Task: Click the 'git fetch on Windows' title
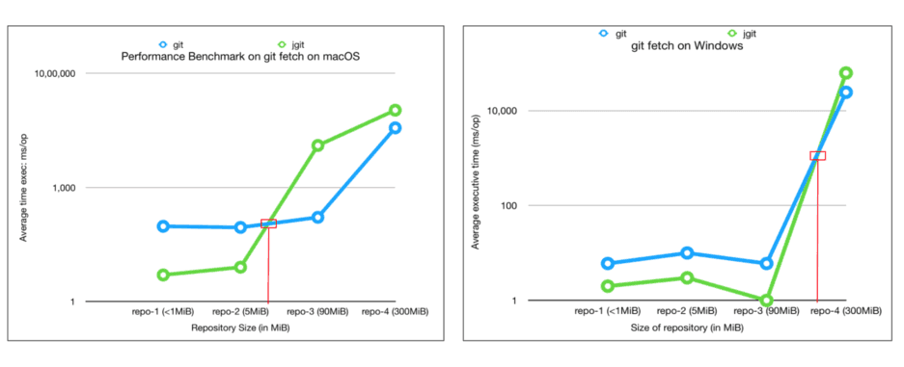point(673,46)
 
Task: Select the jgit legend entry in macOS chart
point(292,44)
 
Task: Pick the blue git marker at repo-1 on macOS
point(163,226)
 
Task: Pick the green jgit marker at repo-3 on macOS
point(317,145)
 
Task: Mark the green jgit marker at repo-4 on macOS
point(395,111)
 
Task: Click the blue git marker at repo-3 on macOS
point(317,218)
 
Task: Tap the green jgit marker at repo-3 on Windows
point(767,301)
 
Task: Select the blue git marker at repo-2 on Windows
point(687,253)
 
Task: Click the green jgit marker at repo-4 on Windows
point(845,73)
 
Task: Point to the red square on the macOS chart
point(268,223)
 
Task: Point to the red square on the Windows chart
point(818,156)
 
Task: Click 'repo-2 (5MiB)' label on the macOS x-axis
point(241,312)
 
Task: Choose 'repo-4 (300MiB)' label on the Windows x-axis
point(846,311)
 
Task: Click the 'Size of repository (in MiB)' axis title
point(687,328)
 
